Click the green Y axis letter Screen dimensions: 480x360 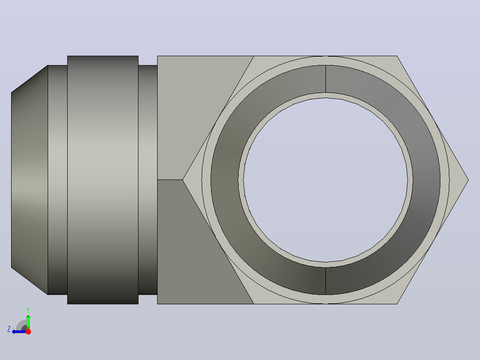(x=28, y=310)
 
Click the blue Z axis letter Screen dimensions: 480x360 (x=9, y=329)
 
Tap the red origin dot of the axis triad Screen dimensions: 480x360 (x=28, y=331)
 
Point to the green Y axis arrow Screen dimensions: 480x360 (x=28, y=322)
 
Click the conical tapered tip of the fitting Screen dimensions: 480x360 (x=29, y=180)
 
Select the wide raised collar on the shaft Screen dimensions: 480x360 (x=103, y=180)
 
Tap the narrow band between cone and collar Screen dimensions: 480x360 (x=57, y=180)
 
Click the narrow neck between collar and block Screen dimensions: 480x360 (x=148, y=180)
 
